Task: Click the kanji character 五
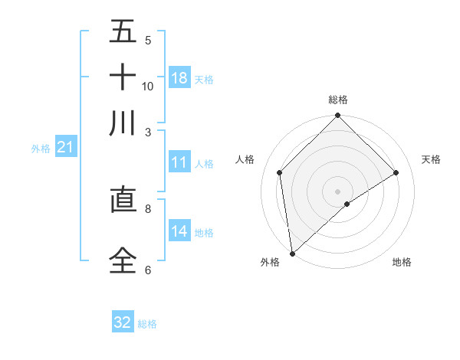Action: click(x=123, y=33)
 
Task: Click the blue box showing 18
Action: click(x=179, y=78)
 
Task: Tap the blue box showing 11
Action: click(x=179, y=162)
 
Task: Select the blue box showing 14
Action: click(x=179, y=231)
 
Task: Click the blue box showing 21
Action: click(x=65, y=147)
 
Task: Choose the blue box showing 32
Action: click(x=123, y=322)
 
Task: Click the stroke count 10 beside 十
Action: click(x=148, y=87)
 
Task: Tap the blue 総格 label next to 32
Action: click(x=147, y=324)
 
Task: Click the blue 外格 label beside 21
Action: click(x=40, y=149)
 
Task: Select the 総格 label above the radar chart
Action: click(x=338, y=100)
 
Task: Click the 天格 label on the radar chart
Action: click(x=432, y=159)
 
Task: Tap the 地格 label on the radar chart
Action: click(x=402, y=262)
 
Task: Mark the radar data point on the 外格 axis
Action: click(x=292, y=254)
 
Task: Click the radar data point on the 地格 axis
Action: click(x=347, y=204)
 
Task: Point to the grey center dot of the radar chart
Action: click(x=338, y=191)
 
